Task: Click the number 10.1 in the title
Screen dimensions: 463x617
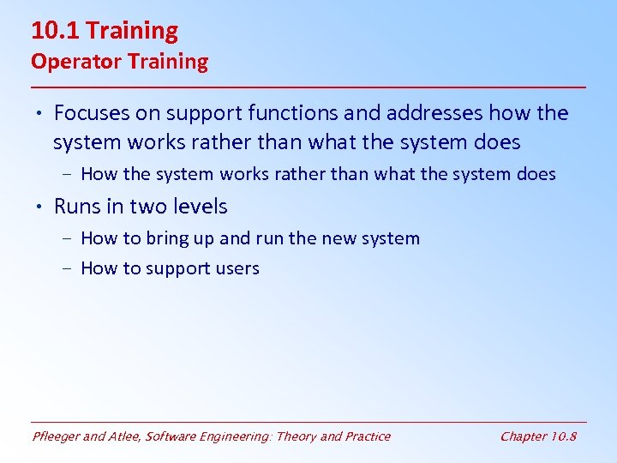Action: (55, 31)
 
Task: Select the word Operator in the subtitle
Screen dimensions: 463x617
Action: (68, 62)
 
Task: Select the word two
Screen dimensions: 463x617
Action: (152, 207)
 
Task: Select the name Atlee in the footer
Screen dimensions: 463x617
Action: (126, 436)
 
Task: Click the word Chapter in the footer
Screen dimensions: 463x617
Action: (524, 436)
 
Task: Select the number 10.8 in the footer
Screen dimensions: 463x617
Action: (565, 436)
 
